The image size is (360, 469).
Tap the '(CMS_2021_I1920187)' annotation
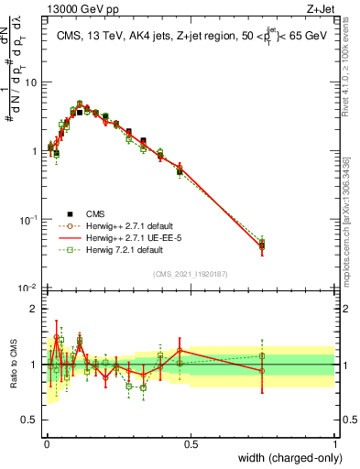[191, 272]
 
